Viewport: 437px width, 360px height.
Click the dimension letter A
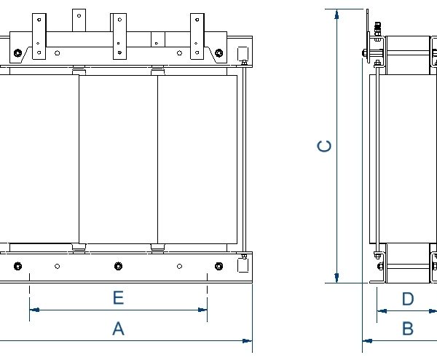(118, 329)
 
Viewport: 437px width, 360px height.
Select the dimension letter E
(118, 298)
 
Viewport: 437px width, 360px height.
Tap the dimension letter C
(326, 146)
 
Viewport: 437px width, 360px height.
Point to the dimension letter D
(408, 300)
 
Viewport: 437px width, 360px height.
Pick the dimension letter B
(408, 329)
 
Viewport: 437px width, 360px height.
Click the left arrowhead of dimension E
(33, 310)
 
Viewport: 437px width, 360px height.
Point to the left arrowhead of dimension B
(366, 340)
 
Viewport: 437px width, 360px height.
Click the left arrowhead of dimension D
(380, 310)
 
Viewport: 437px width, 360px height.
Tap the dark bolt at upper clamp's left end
(17, 52)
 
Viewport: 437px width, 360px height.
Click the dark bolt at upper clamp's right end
(219, 52)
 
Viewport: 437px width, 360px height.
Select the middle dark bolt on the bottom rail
(118, 265)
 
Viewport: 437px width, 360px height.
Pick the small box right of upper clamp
(243, 53)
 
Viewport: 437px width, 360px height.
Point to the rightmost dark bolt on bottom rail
(218, 265)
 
